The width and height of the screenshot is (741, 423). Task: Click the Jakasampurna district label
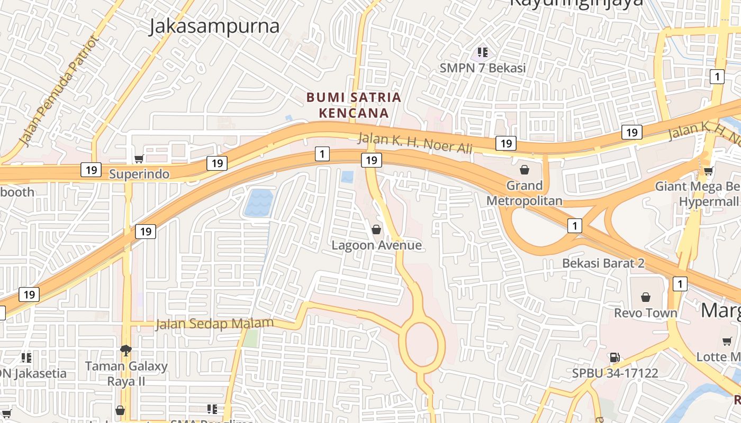pyautogui.click(x=214, y=26)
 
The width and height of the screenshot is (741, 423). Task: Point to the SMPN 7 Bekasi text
pyautogui.click(x=483, y=68)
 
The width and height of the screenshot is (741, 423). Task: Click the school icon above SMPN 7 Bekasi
pyautogui.click(x=482, y=52)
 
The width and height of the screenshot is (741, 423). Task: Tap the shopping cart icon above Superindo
pyautogui.click(x=139, y=159)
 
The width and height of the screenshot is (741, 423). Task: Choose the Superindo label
pyautogui.click(x=139, y=174)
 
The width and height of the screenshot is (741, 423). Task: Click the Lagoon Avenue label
pyautogui.click(x=376, y=245)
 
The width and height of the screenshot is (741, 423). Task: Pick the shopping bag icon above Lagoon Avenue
pyautogui.click(x=376, y=229)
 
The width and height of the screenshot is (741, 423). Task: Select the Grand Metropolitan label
pyautogui.click(x=525, y=193)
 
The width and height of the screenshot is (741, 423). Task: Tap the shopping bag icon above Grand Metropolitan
pyautogui.click(x=525, y=170)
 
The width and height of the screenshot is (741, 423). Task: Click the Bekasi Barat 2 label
pyautogui.click(x=603, y=263)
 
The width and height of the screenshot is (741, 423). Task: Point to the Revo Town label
pyautogui.click(x=645, y=313)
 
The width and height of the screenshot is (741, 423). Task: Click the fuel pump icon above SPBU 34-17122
pyautogui.click(x=615, y=358)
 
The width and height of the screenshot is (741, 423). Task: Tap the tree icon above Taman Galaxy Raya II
pyautogui.click(x=126, y=350)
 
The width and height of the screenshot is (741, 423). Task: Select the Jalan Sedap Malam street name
pyautogui.click(x=214, y=323)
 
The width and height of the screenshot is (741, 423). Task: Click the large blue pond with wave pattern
pyautogui.click(x=259, y=203)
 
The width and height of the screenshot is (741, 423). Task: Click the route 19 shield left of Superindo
pyautogui.click(x=91, y=170)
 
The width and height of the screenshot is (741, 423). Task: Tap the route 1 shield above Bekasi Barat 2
pyautogui.click(x=575, y=226)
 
